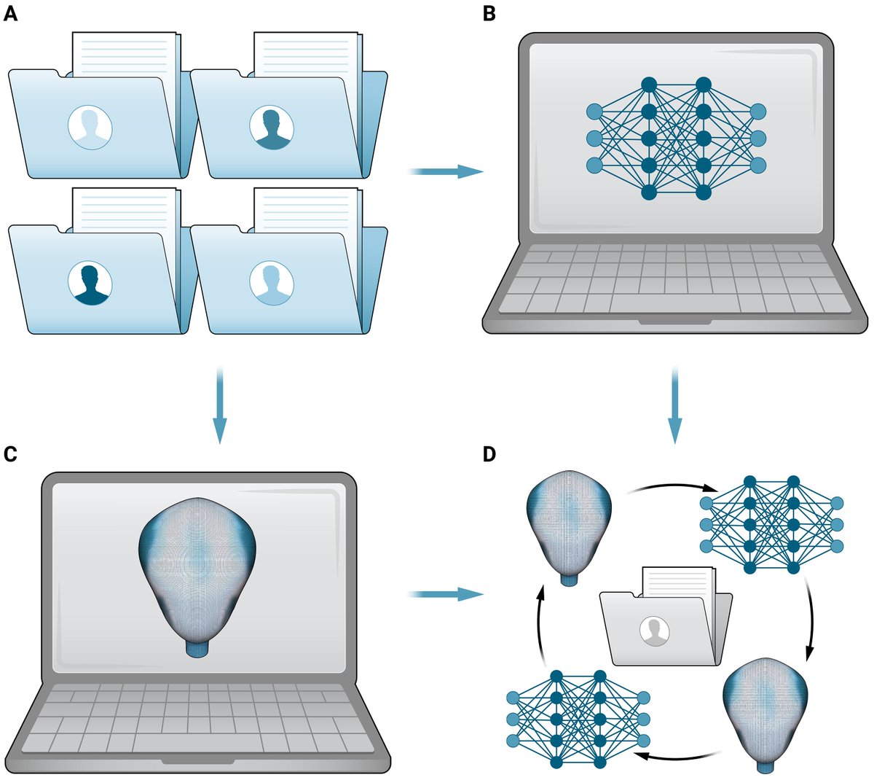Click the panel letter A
coord(10,13)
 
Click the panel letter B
coord(489,13)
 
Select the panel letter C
coord(10,454)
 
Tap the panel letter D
coord(489,454)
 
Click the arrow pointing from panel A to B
coord(446,171)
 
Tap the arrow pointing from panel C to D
coord(446,595)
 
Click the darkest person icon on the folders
coord(90,284)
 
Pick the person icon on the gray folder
coord(654,629)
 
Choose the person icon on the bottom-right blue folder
coord(271,284)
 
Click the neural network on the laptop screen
coord(676,139)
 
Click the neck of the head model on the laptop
coord(197,648)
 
